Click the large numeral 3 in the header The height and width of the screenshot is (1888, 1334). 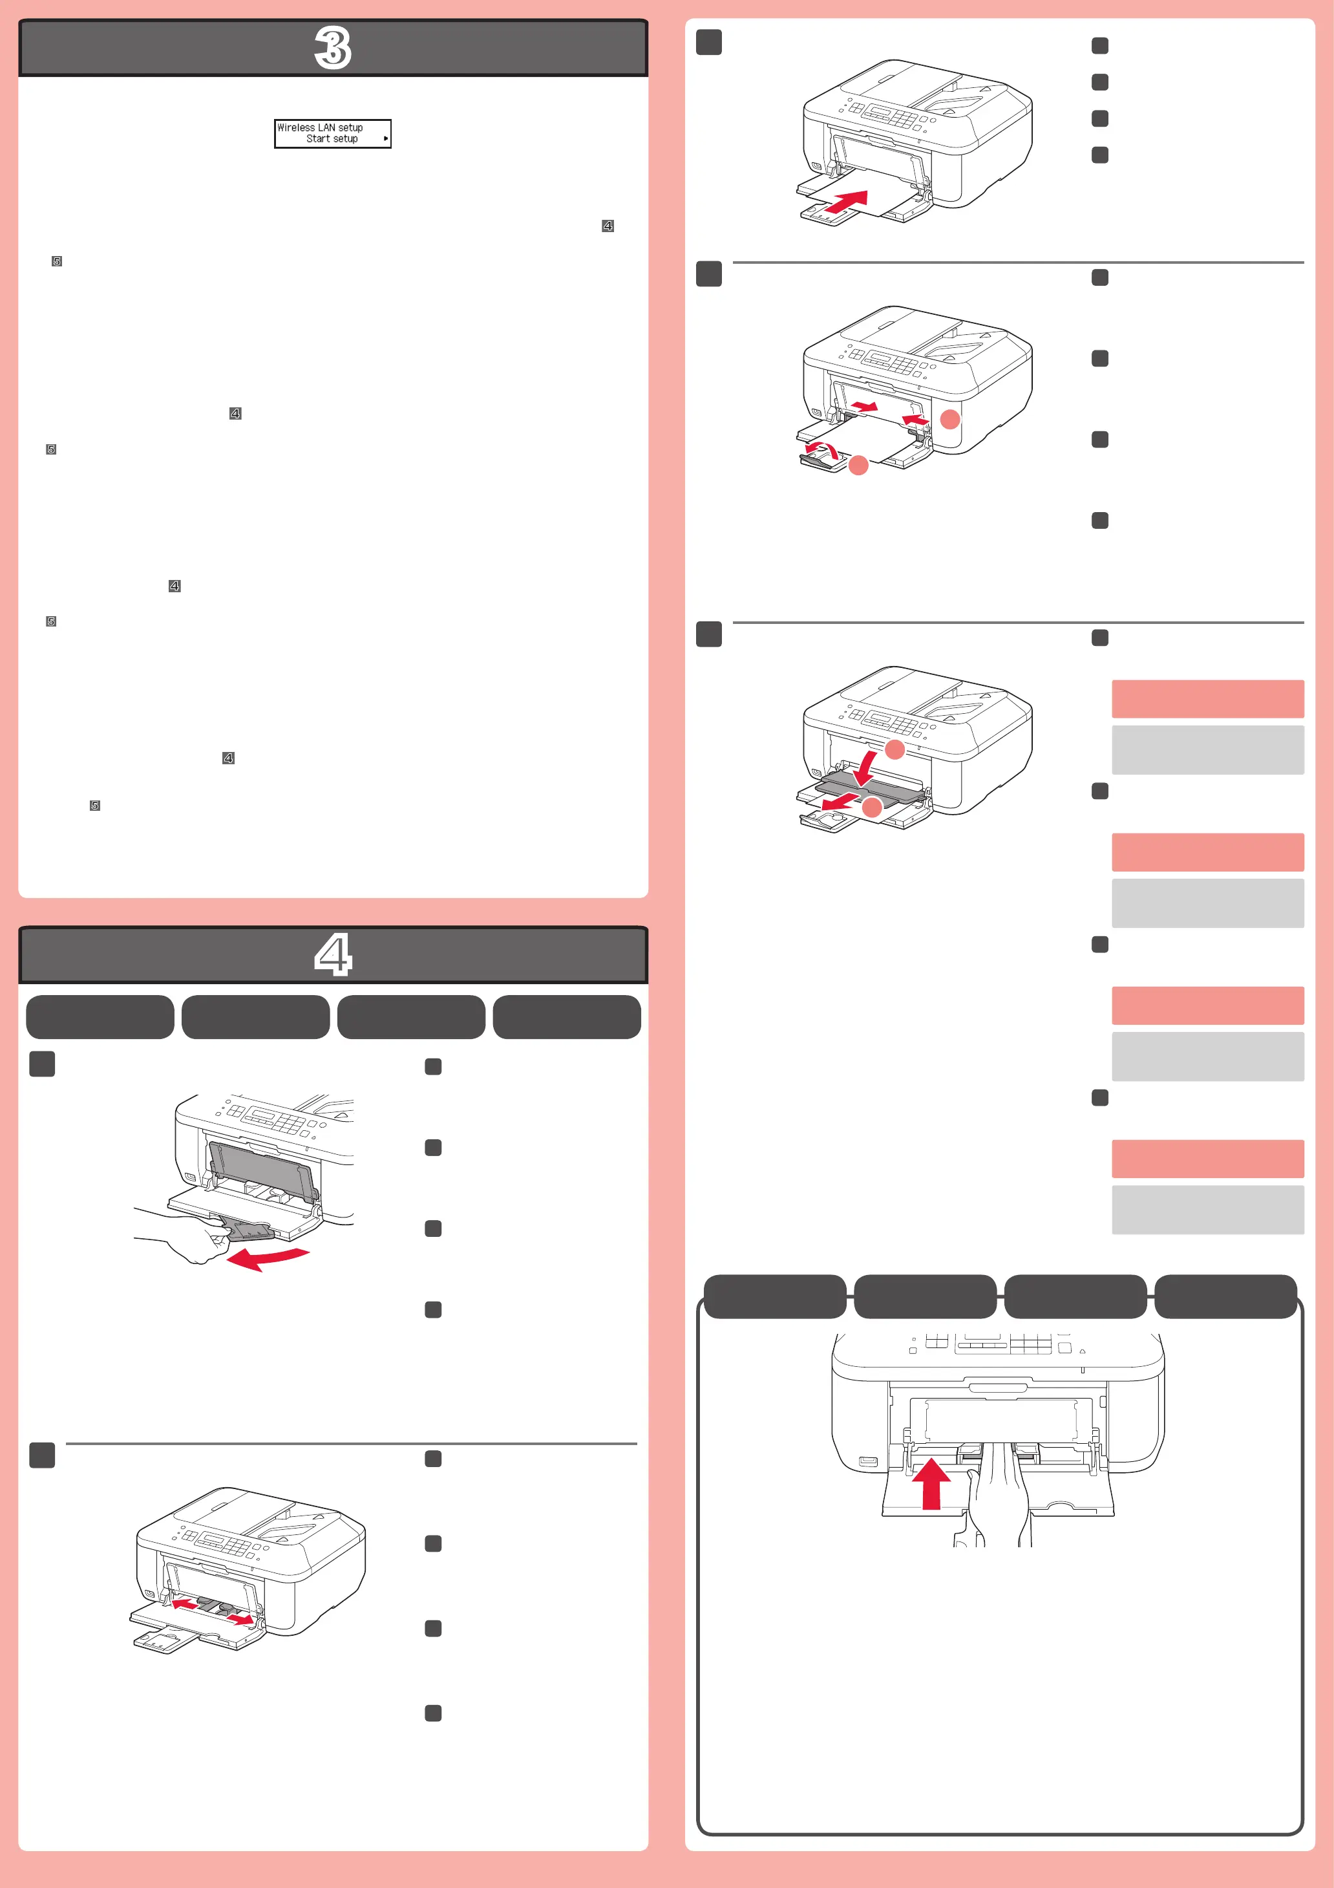click(333, 48)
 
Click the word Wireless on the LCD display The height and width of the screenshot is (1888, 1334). click(296, 127)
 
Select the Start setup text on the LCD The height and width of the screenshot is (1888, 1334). click(332, 139)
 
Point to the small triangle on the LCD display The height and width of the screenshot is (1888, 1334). click(385, 139)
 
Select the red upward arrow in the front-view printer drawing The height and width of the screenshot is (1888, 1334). click(931, 1483)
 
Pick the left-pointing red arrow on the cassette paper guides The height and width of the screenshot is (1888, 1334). click(185, 1604)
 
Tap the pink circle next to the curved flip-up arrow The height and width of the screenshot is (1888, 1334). click(858, 466)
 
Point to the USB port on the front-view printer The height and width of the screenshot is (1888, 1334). click(867, 1461)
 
